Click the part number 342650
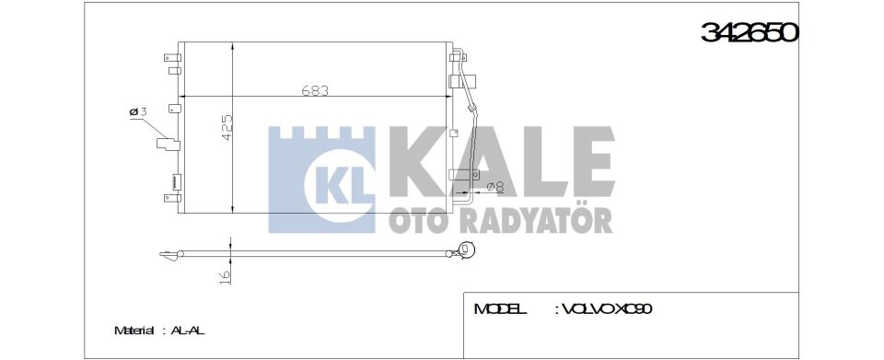tap(750, 32)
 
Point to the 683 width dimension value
tap(315, 90)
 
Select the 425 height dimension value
tap(227, 129)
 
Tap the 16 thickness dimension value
tap(225, 276)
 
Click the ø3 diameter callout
tap(138, 112)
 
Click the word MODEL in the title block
tap(500, 309)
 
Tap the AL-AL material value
tap(187, 331)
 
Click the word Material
tap(134, 331)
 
